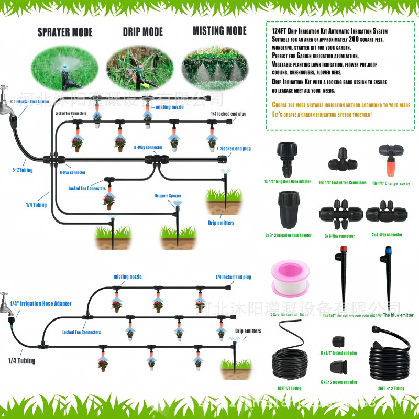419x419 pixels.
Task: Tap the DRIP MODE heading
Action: (142, 32)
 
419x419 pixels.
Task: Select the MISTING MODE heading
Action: (219, 31)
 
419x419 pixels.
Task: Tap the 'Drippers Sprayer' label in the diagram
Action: (168, 196)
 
